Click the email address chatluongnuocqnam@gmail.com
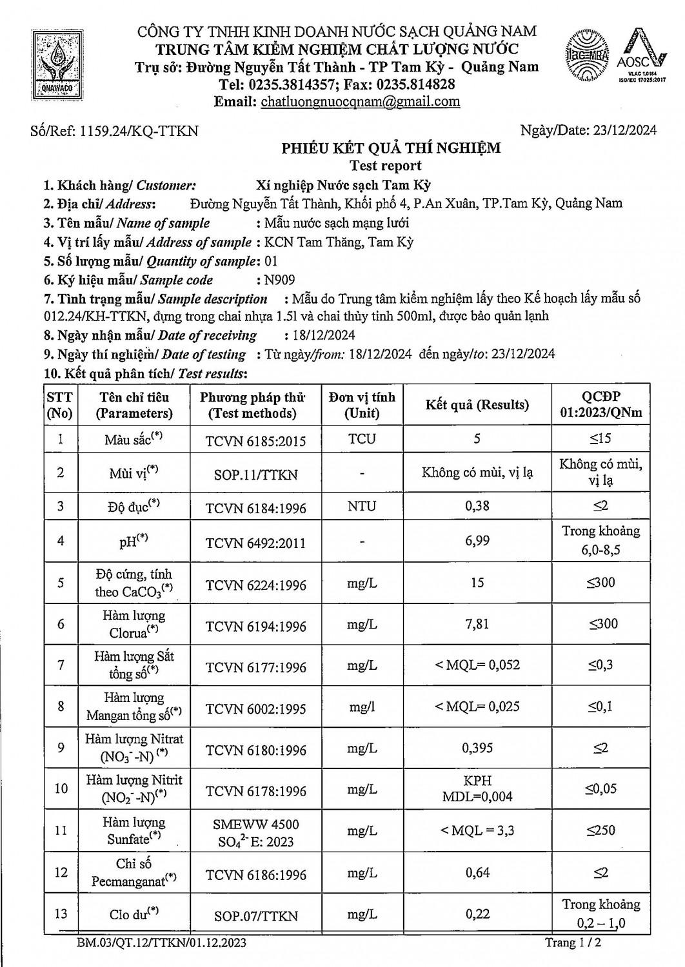coord(359,101)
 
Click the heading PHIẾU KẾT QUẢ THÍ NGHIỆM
coord(391,148)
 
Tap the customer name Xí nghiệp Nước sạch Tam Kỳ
coord(343,185)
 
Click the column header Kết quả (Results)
coord(477,405)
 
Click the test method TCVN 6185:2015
coord(255,441)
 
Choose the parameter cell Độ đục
coord(134,506)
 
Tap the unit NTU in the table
coord(361,506)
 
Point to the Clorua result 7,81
coord(477,624)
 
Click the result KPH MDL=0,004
coord(477,788)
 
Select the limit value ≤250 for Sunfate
coord(601,830)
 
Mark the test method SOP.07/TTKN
coord(255,915)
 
